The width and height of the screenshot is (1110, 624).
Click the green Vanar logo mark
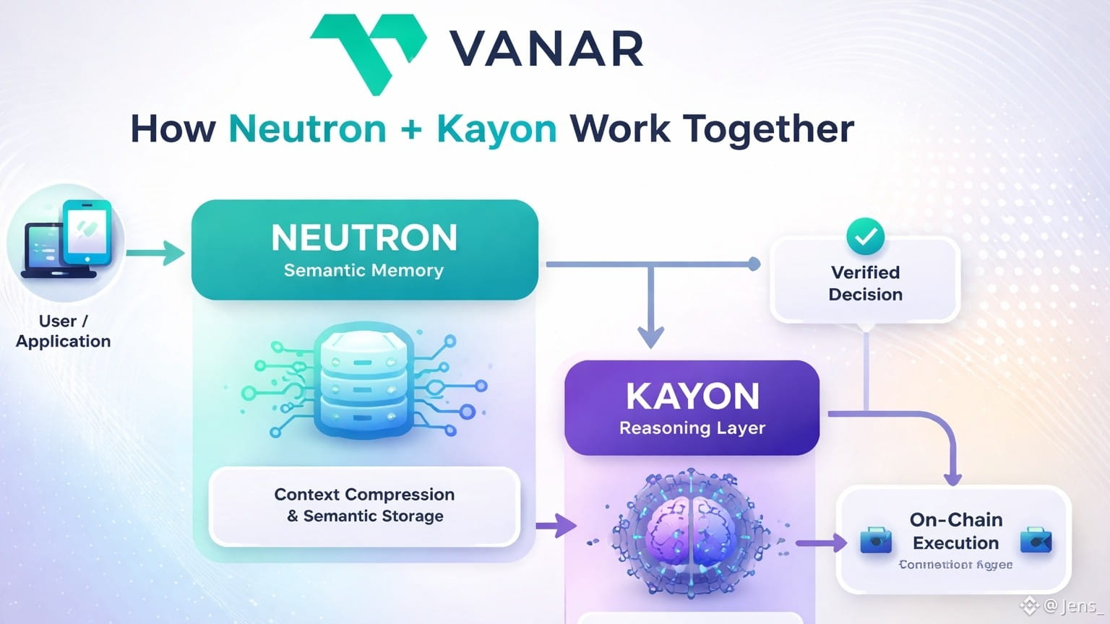click(369, 51)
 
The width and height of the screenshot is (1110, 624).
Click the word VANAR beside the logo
click(546, 49)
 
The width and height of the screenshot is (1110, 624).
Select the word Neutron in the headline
click(307, 129)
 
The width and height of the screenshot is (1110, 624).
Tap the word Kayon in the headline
click(496, 129)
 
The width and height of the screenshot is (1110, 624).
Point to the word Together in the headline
click(769, 129)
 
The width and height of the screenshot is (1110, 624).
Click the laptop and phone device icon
click(67, 240)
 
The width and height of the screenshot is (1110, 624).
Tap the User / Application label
click(64, 331)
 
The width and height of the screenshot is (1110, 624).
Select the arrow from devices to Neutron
click(156, 253)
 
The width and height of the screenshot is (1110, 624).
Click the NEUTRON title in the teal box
click(364, 238)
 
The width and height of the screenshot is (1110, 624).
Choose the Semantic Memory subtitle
click(363, 270)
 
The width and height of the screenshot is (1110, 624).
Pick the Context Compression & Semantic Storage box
click(364, 506)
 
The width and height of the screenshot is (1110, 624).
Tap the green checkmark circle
click(865, 236)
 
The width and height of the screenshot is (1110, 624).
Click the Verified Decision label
click(865, 283)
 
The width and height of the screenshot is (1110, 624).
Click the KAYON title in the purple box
click(692, 396)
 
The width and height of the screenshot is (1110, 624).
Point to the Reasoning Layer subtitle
click(692, 428)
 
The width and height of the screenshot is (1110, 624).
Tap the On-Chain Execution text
click(955, 531)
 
